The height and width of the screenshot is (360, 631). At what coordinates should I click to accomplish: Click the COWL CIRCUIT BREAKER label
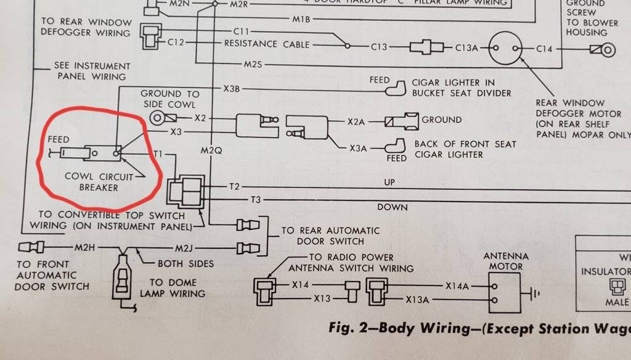click(99, 182)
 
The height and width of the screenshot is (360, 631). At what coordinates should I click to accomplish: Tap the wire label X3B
click(232, 90)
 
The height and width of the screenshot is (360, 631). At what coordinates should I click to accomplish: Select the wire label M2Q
click(211, 150)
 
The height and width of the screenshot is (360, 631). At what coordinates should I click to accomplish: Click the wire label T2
click(235, 186)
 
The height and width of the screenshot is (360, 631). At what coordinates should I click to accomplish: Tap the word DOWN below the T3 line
click(393, 207)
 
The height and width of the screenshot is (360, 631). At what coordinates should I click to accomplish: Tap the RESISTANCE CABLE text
click(267, 44)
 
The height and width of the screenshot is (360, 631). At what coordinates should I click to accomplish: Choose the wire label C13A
click(469, 47)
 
